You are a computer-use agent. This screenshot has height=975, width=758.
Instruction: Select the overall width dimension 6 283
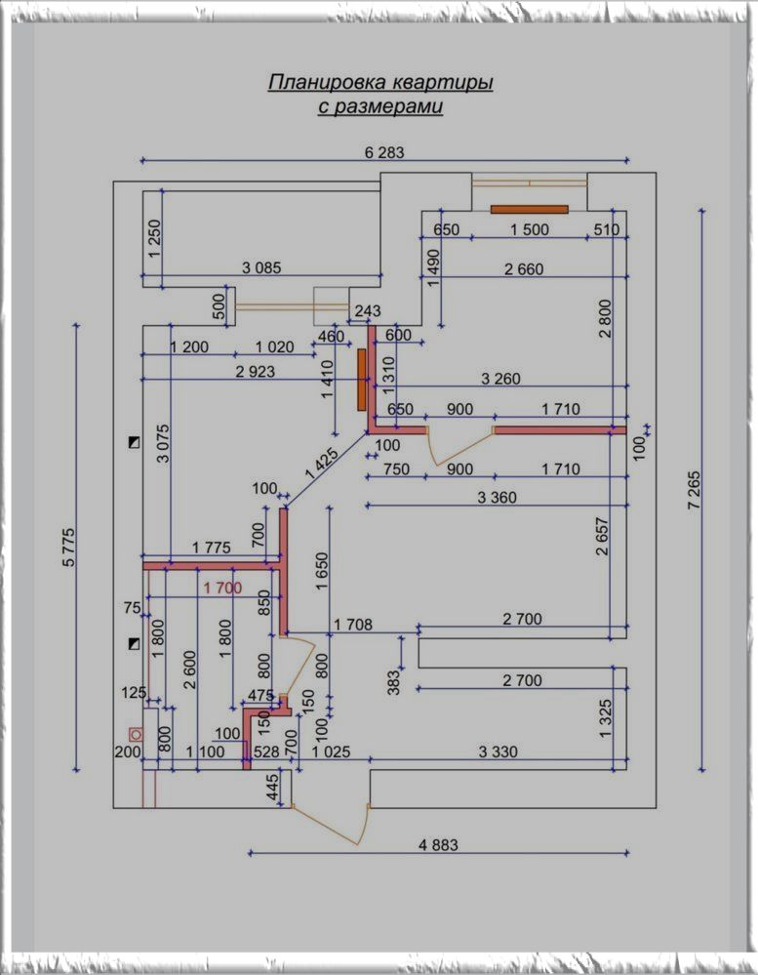(x=383, y=152)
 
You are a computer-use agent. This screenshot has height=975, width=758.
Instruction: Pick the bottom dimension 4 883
(x=437, y=845)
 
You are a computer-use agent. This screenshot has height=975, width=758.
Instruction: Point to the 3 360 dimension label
(x=497, y=498)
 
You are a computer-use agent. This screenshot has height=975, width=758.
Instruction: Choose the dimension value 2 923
(x=256, y=371)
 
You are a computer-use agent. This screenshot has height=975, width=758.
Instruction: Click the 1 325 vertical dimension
(x=606, y=717)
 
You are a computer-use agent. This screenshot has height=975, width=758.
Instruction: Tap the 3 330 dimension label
(x=498, y=752)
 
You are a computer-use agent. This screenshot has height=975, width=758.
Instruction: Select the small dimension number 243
(x=368, y=310)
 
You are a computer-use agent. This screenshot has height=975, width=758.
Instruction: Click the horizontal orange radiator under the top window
(x=529, y=208)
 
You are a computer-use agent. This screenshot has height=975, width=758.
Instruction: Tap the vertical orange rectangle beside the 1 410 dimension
(x=362, y=380)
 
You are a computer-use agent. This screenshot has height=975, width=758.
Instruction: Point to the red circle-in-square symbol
(x=136, y=733)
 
